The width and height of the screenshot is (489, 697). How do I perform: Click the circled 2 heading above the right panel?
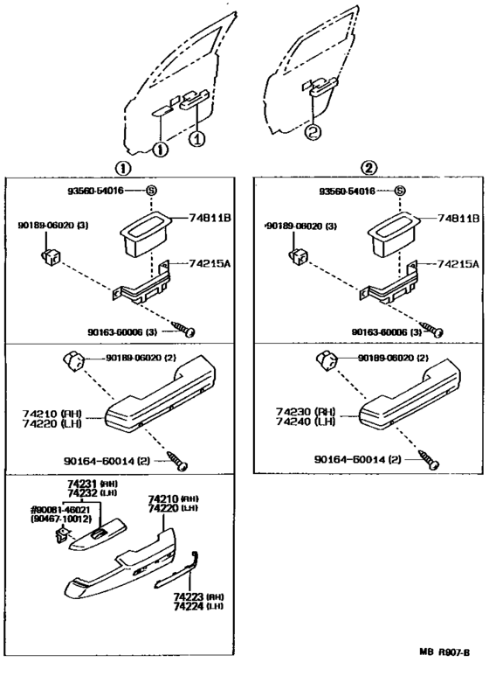370,167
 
